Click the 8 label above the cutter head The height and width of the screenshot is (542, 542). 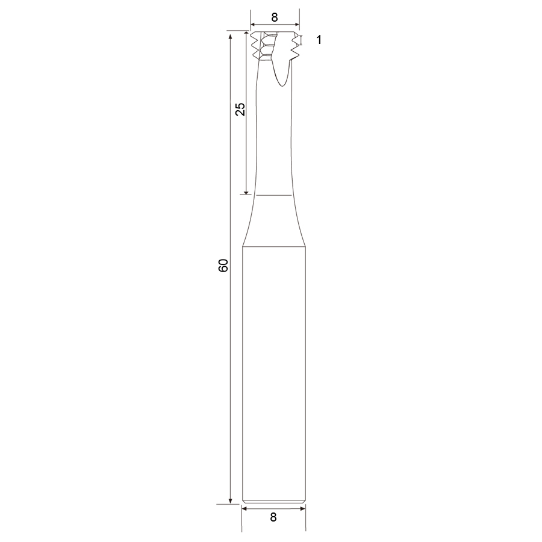pos(274,17)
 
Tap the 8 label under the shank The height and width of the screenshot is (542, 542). pos(273,517)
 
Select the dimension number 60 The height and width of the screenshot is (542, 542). pos(223,265)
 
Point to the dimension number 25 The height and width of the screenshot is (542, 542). pos(240,109)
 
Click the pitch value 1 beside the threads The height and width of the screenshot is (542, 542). pos(319,40)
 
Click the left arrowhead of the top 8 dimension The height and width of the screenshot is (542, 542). pos(253,25)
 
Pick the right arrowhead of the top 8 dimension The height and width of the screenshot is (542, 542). pos(296,25)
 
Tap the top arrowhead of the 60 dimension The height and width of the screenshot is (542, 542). pos(230,36)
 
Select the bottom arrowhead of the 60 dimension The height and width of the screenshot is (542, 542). pos(230,501)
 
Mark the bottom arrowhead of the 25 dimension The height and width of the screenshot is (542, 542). pos(246,192)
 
